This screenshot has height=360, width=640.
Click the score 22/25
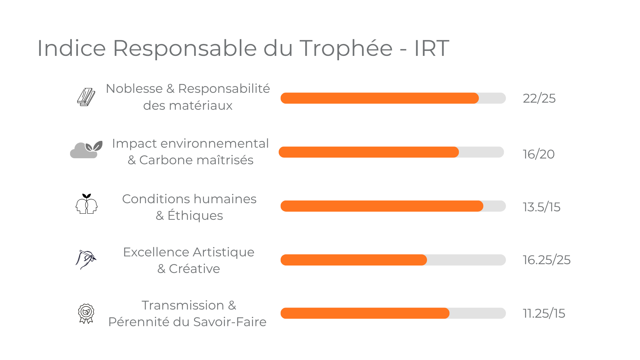coord(539,99)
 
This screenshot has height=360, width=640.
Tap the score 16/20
coord(538,154)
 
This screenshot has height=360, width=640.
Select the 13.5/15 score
coord(541,207)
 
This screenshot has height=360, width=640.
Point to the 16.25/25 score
coord(547,260)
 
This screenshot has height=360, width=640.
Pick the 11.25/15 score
coord(544,314)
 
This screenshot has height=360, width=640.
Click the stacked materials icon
coord(86,97)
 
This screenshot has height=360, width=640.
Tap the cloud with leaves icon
coord(86,150)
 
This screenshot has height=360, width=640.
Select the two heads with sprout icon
coord(86,204)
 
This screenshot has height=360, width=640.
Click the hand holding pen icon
coord(86,259)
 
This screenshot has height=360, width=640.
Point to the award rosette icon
coord(86,313)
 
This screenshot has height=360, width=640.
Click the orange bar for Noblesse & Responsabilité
coord(379,98)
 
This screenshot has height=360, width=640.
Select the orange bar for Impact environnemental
coord(368,152)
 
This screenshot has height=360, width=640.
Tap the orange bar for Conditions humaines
coord(382,206)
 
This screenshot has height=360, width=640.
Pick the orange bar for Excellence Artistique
coord(354,260)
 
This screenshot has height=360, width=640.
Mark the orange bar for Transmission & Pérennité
coord(365,313)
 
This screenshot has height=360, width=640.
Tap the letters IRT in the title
coord(431,48)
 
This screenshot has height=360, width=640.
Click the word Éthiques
coord(195,215)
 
